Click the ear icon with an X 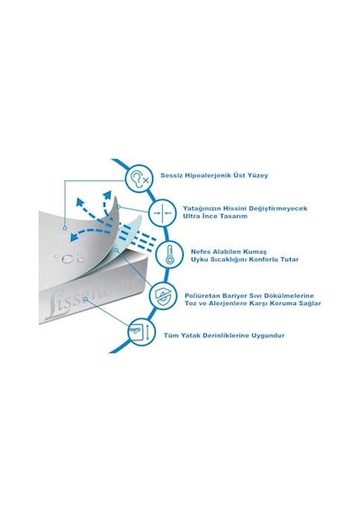click(x=139, y=178)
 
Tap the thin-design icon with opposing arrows click(x=162, y=212)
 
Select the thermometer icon click(x=169, y=255)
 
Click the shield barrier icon click(x=162, y=296)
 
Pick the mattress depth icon click(x=141, y=331)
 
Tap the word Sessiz click(x=171, y=175)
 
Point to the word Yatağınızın click(x=202, y=209)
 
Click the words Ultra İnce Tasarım click(x=215, y=216)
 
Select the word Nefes click(x=201, y=252)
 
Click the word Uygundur click(x=268, y=336)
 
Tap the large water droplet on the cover click(x=67, y=259)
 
